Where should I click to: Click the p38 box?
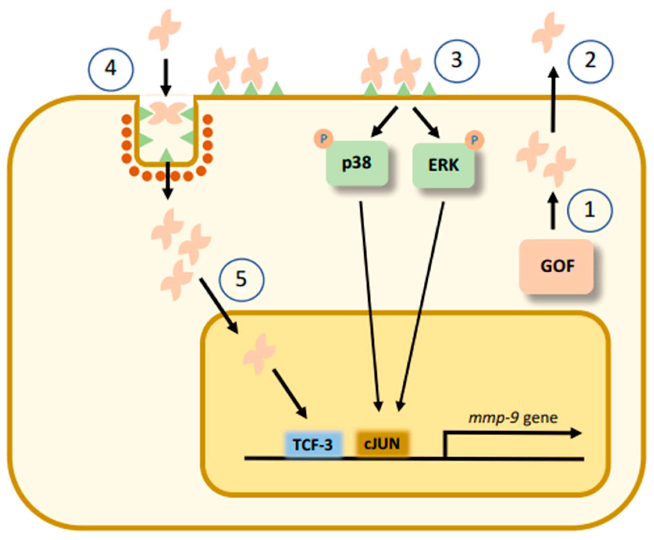pos(357,163)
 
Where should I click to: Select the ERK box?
pos(444,165)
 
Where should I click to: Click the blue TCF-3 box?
pos(313,445)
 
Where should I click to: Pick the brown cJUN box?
pos(382,444)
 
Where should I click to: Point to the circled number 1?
pos(590,211)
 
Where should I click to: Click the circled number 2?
pos(590,61)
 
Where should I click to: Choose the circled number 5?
pos(242,280)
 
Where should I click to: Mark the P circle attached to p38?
pos(323,139)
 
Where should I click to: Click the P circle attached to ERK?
pos(474,140)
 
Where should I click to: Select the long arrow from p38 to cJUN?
pos(369,305)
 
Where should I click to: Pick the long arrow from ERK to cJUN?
pos(421,305)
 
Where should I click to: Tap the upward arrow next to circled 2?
pos(553,100)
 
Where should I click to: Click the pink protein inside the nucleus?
pos(259,354)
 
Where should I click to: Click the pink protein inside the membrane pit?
pos(166,112)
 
